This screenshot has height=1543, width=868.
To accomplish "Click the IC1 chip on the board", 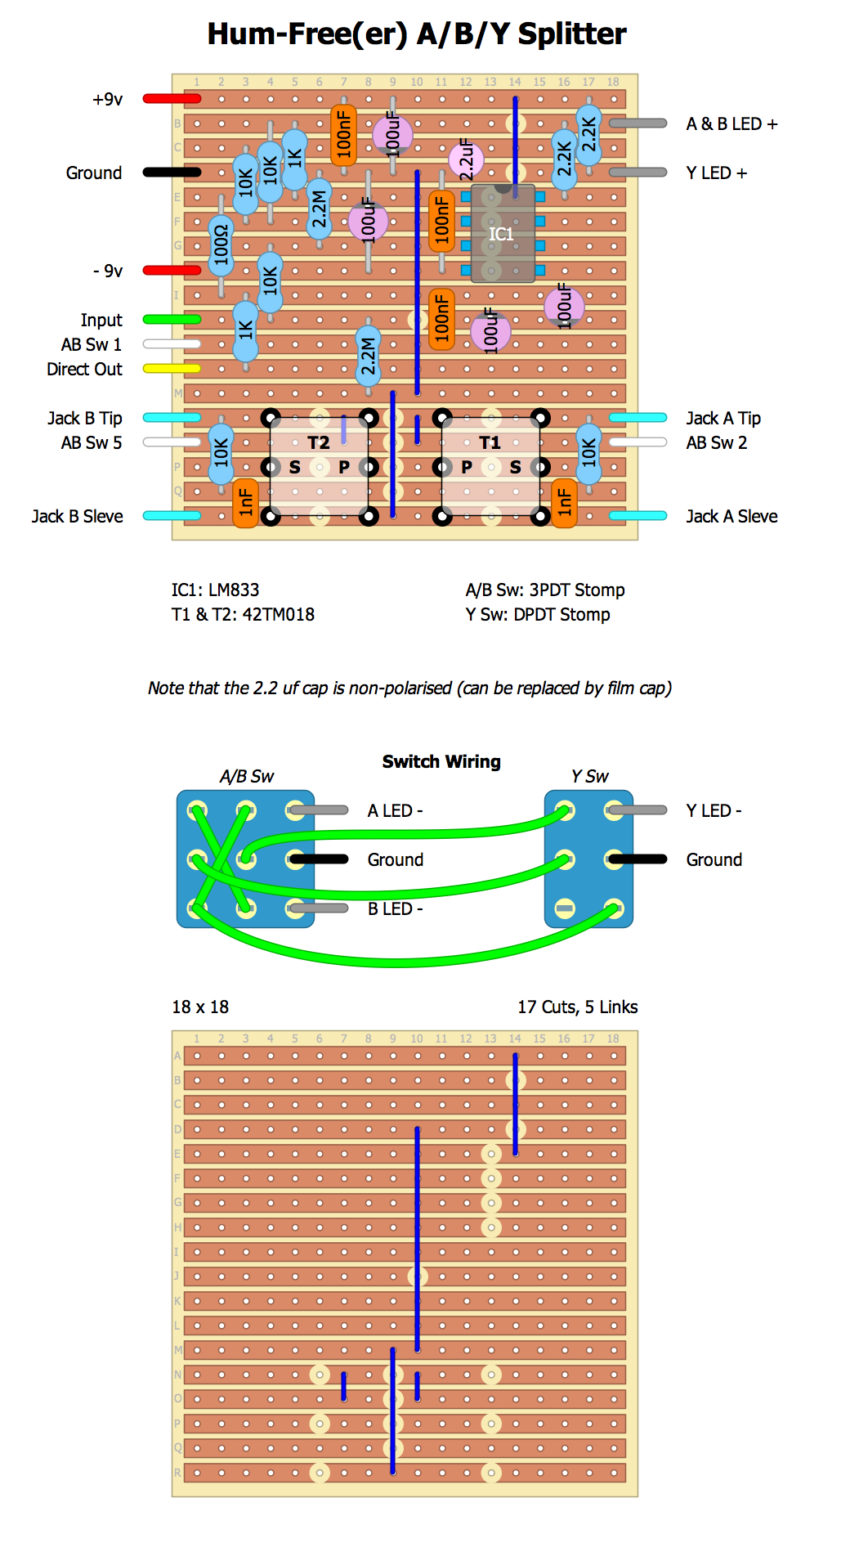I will pyautogui.click(x=503, y=234).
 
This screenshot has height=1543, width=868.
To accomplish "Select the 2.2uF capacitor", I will pyautogui.click(x=466, y=159).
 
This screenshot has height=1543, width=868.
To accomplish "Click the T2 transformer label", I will pyautogui.click(x=319, y=442).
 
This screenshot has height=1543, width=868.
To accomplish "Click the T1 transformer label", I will pyautogui.click(x=490, y=442).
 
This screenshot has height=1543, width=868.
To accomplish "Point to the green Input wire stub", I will pyautogui.click(x=172, y=320).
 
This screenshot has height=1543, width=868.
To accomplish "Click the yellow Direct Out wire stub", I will pyautogui.click(x=172, y=369).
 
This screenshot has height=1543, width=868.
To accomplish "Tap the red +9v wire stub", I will pyautogui.click(x=172, y=99).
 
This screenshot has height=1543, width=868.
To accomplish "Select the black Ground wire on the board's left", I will pyautogui.click(x=172, y=173).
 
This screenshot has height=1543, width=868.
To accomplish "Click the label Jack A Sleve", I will pyautogui.click(x=732, y=516).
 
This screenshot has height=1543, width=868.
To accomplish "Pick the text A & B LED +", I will pyautogui.click(x=732, y=123).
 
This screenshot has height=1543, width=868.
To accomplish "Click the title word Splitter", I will pyautogui.click(x=572, y=34).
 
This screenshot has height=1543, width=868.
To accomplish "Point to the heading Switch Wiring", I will pyautogui.click(x=441, y=761).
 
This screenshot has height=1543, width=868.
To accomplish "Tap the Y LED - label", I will pyautogui.click(x=714, y=810).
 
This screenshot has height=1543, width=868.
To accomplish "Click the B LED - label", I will pyautogui.click(x=395, y=908).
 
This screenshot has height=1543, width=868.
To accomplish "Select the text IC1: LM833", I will pyautogui.click(x=215, y=590).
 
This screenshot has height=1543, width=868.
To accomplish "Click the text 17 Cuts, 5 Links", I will pyautogui.click(x=577, y=1007).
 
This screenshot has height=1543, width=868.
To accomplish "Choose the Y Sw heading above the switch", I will pyautogui.click(x=589, y=776).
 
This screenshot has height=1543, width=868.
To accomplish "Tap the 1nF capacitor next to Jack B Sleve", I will pyautogui.click(x=245, y=503).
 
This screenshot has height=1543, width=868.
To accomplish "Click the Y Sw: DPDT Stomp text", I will pyautogui.click(x=538, y=614).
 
